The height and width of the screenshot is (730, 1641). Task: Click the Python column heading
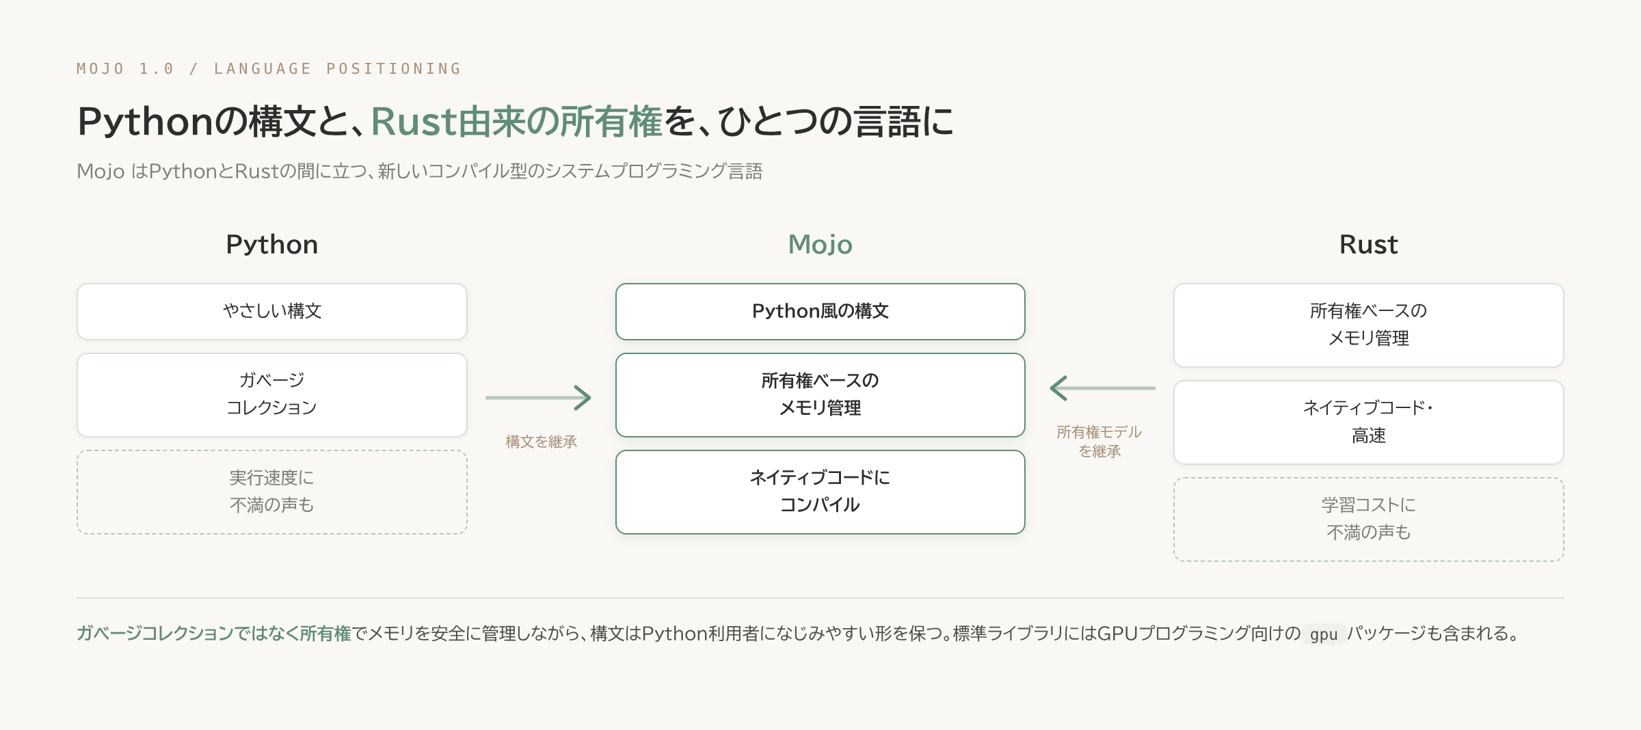pos(272,245)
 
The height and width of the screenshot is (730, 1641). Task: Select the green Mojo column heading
pos(820,245)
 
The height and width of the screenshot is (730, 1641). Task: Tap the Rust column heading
pos(1368,245)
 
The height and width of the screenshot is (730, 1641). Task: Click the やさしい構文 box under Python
pos(272,312)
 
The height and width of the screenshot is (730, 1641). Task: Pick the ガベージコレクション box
pos(272,395)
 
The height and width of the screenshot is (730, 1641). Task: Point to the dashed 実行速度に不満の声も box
pos(272,492)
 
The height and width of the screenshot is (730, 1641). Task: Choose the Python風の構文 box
pos(820,312)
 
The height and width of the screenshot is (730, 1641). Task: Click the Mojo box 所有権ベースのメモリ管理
pos(820,395)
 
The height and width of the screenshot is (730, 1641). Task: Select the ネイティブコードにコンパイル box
pos(820,492)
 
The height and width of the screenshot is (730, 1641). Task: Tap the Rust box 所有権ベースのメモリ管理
pos(1369,325)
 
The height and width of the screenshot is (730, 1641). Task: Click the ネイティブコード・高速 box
pos(1369,422)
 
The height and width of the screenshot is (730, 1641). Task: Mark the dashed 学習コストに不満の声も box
pos(1369,519)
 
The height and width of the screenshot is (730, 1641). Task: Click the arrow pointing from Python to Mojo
pos(538,397)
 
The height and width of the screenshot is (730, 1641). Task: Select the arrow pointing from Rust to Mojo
pos(1102,388)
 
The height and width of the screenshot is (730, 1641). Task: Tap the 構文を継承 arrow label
pos(542,442)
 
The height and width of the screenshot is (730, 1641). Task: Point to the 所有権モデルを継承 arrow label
pos(1099,442)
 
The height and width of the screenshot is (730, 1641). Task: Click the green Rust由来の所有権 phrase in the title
pos(517,122)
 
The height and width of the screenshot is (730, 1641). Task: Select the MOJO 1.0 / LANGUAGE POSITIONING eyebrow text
pos(269,68)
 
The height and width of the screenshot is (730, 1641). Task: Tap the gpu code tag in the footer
pos(1324,634)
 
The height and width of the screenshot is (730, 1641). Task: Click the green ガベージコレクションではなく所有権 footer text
pos(214,634)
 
